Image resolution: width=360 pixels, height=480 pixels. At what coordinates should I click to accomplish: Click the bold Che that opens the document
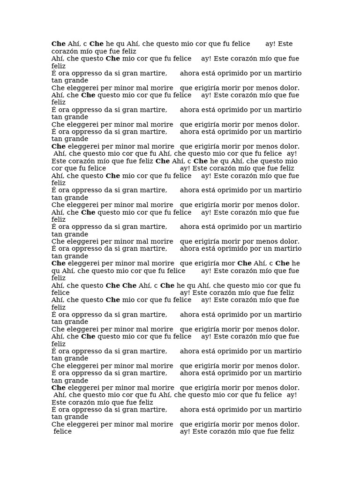[59, 44]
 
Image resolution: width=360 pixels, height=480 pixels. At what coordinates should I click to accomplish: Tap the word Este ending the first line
[285, 44]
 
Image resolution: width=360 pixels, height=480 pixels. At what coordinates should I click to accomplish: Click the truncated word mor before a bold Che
[229, 263]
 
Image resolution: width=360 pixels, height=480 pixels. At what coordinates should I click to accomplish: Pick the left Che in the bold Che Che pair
[113, 285]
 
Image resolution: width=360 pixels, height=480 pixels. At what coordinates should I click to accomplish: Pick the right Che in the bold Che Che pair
[129, 285]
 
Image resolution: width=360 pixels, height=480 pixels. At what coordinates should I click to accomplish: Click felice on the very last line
[63, 432]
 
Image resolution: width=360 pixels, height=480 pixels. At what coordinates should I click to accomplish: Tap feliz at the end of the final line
[285, 432]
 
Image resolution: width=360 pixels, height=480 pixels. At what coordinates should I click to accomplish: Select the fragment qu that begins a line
[56, 271]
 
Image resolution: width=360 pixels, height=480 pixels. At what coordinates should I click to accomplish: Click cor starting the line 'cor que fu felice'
[57, 168]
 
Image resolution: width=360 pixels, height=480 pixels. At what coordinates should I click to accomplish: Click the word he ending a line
[296, 263]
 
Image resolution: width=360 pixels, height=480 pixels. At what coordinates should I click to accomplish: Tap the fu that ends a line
[297, 285]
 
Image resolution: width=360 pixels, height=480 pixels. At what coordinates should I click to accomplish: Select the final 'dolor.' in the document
[288, 424]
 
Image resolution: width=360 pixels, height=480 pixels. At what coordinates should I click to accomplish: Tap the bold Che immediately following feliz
[163, 161]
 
